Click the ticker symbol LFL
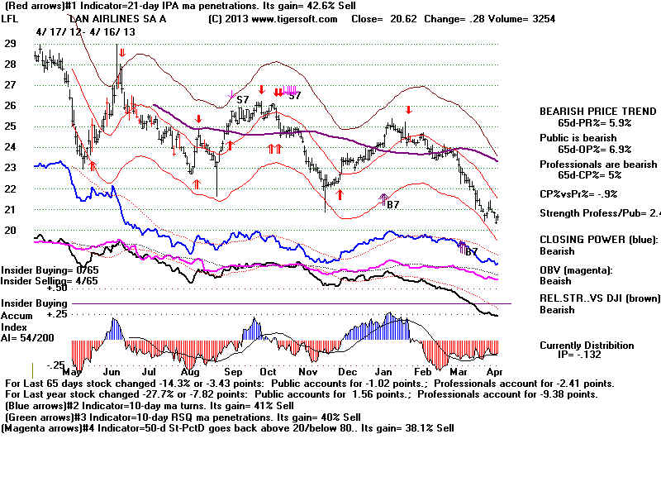tap(12, 17)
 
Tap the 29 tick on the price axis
tap(10, 44)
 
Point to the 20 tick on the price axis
tap(10, 230)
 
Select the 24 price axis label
tap(10, 147)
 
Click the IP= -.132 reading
tap(583, 355)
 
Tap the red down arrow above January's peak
tap(407, 109)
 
